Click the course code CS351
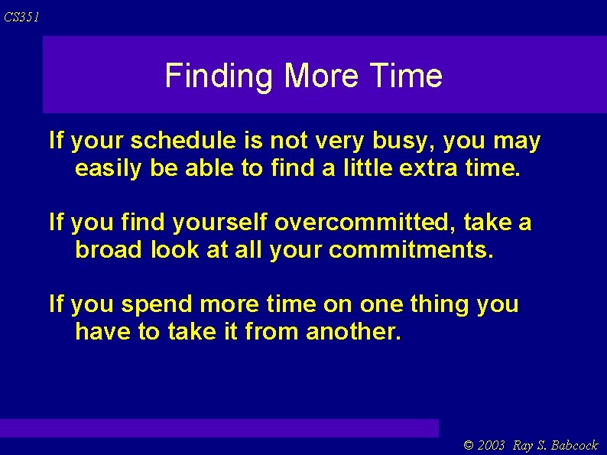coord(21,17)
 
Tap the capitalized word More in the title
coord(321,76)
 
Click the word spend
coord(157,304)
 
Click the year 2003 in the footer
coord(492,445)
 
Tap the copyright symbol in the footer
coord(469,445)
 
